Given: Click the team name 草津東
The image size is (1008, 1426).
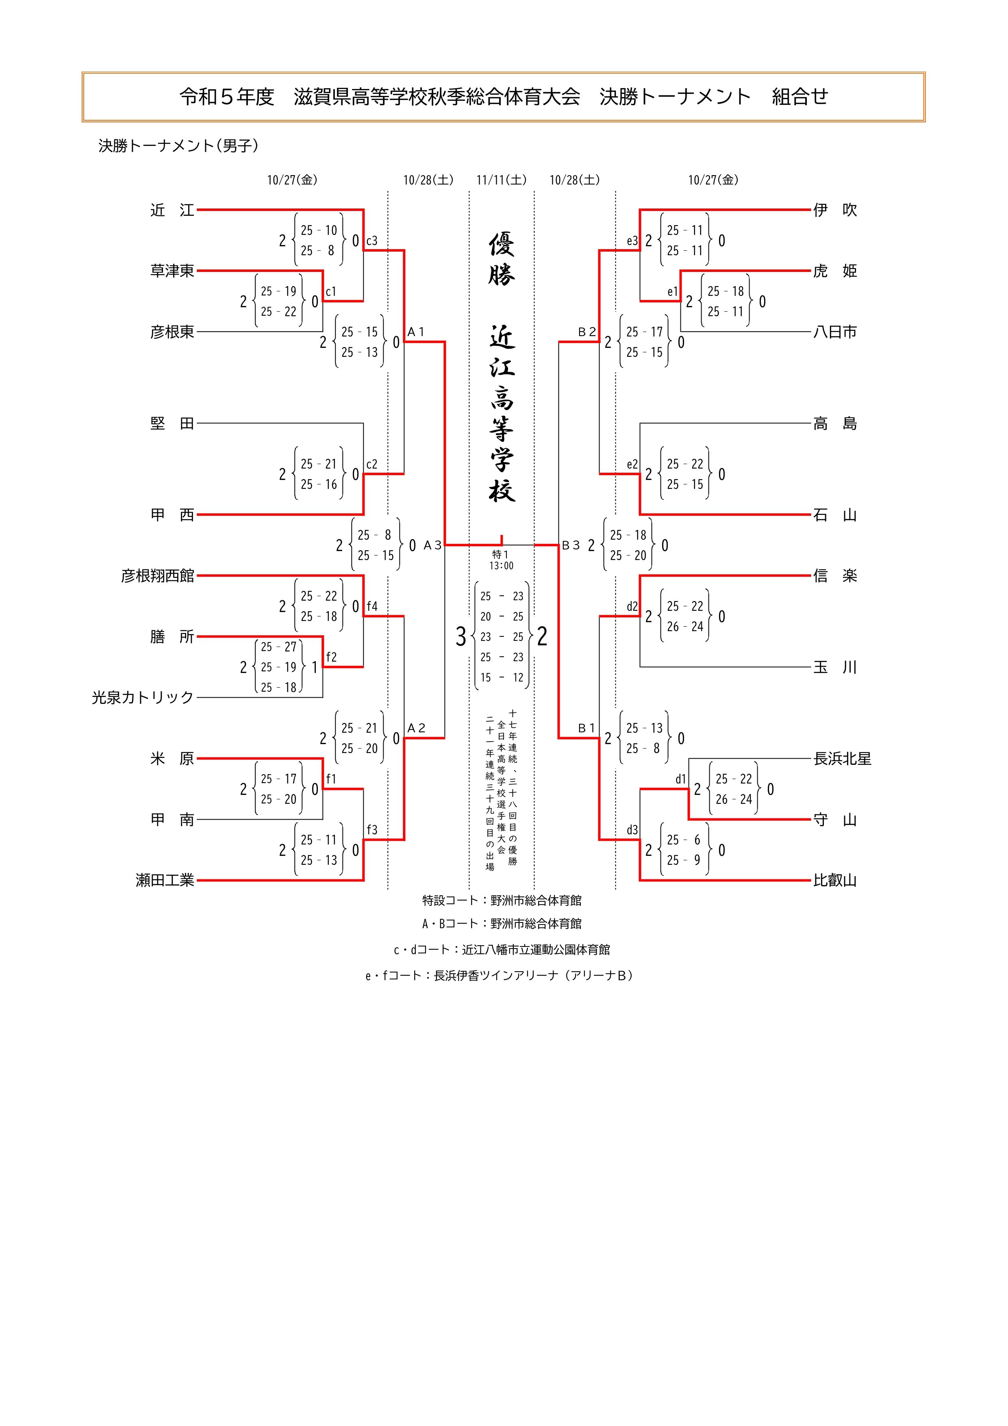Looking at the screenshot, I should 172,271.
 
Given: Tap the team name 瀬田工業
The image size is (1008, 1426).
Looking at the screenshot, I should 165,880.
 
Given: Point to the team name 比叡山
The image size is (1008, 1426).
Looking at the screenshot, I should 835,880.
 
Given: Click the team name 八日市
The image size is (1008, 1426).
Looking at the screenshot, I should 835,332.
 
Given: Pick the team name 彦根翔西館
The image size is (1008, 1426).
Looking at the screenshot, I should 158,576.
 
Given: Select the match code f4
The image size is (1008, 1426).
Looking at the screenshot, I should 371,606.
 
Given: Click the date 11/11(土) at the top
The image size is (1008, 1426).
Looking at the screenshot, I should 501,180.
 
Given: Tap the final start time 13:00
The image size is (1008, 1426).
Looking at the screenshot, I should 501,566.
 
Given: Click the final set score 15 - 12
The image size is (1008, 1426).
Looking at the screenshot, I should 501,677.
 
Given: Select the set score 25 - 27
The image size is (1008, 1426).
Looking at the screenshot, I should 278,647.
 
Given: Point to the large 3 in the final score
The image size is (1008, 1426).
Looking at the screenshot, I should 460,637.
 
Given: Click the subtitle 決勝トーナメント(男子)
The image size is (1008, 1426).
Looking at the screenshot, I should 178,145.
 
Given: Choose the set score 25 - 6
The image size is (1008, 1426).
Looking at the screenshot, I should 683,840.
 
